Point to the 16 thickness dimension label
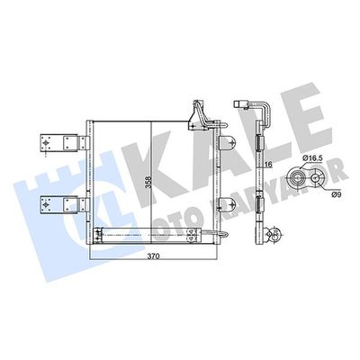[x=269, y=164]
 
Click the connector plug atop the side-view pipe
[x=242, y=104]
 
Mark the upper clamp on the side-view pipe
[x=259, y=143]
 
